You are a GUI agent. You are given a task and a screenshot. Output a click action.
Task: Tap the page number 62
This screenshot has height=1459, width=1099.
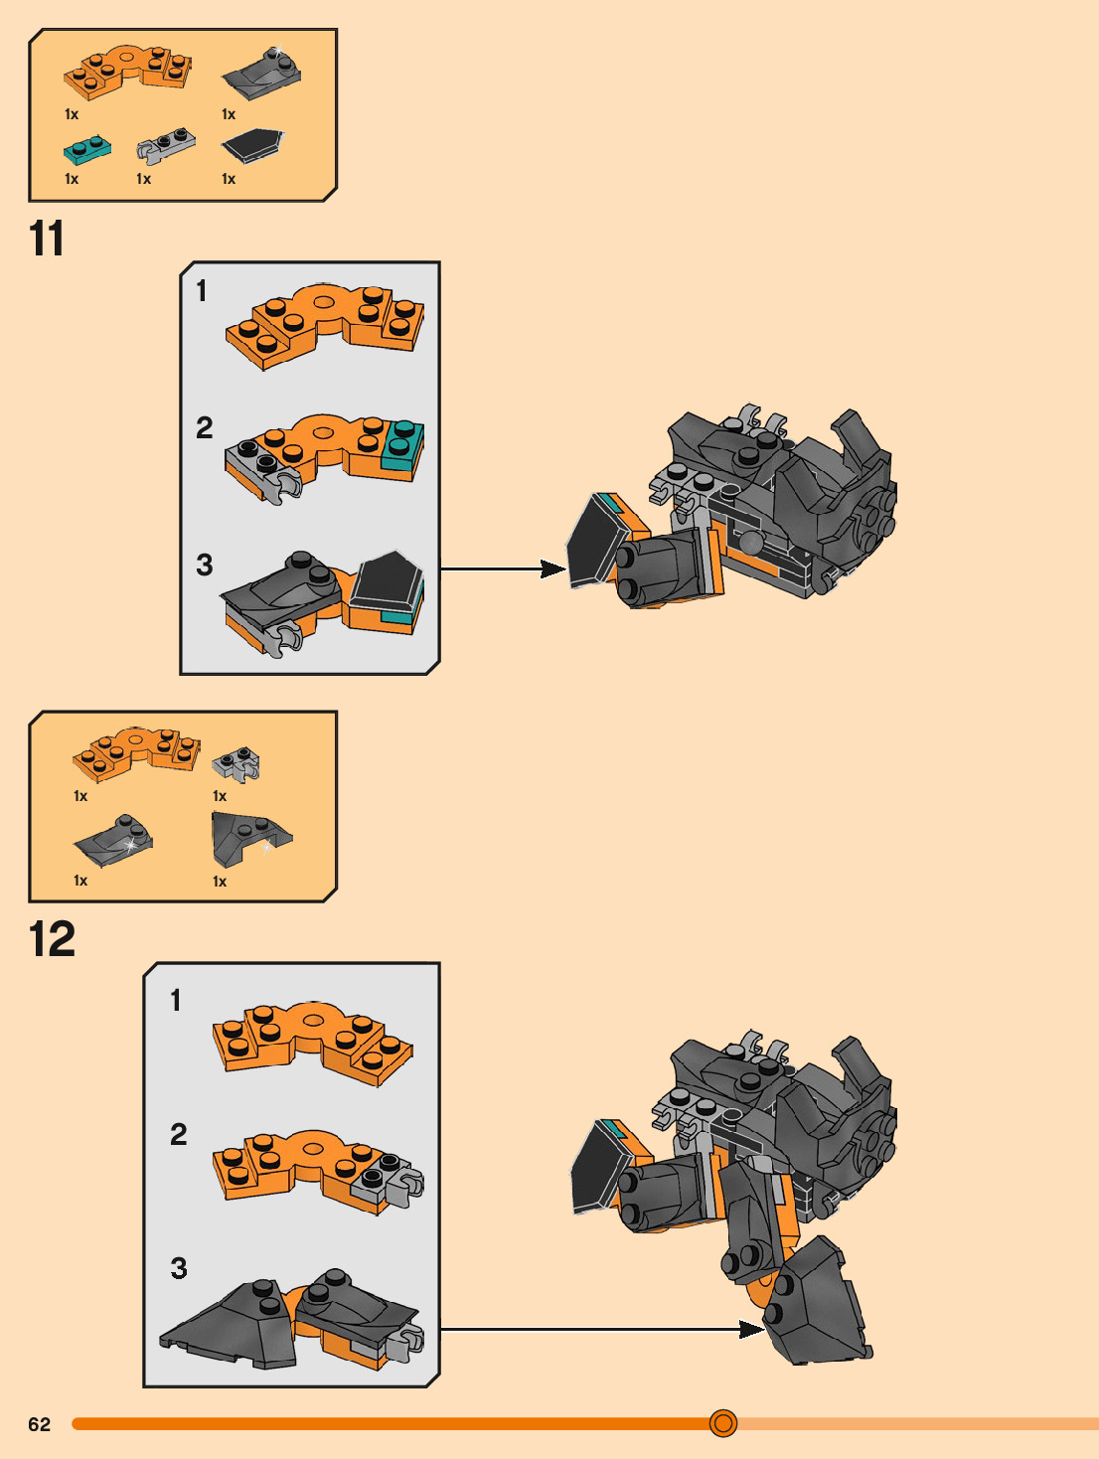(39, 1424)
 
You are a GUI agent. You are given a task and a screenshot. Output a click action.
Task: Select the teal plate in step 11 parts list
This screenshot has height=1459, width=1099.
(87, 149)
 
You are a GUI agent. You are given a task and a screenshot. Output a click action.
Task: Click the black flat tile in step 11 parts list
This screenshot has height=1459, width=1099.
(252, 145)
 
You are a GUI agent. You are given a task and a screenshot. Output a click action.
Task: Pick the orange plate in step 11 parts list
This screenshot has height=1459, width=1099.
(127, 72)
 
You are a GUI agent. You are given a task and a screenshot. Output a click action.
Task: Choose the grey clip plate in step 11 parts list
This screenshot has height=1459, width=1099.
(166, 145)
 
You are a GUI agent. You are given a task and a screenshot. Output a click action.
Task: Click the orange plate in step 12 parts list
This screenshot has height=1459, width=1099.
(136, 753)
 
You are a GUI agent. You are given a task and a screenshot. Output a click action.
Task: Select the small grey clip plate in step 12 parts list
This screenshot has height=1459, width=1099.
(235, 764)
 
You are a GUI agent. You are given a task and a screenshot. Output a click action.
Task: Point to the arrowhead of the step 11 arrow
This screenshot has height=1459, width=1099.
(553, 568)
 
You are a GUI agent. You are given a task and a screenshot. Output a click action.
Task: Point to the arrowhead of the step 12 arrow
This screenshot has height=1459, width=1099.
(752, 1330)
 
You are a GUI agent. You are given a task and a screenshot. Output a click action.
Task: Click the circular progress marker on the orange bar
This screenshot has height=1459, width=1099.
(723, 1423)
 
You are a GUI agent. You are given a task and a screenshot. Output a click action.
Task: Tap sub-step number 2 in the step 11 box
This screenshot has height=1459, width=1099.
(204, 427)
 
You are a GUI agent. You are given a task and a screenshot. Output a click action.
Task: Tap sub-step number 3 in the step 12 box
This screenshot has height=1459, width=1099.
(179, 1268)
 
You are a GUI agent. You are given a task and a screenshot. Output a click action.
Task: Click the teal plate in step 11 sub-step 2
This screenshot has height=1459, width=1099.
(402, 445)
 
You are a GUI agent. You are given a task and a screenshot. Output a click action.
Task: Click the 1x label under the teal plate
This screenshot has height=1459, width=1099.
(72, 179)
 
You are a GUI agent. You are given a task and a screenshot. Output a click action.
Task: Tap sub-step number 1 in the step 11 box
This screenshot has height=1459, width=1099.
(202, 291)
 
